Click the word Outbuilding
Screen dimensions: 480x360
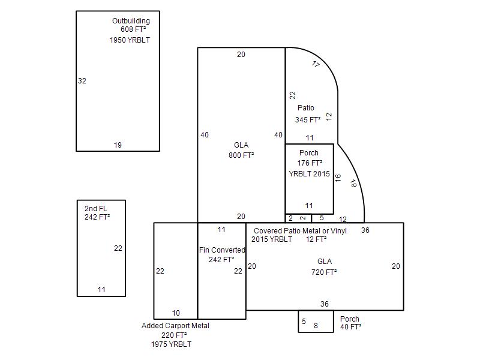click(x=131, y=21)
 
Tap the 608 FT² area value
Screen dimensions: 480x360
click(x=133, y=29)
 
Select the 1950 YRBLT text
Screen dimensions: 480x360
click(x=130, y=40)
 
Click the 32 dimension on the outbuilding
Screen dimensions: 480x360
click(x=82, y=81)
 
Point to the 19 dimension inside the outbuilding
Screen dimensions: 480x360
click(x=118, y=145)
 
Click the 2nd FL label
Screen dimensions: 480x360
click(x=96, y=208)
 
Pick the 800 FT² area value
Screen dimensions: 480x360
click(x=241, y=155)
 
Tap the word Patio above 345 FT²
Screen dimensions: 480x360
click(x=306, y=108)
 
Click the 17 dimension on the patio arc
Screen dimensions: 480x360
click(x=316, y=64)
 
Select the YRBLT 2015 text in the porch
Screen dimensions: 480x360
click(x=309, y=174)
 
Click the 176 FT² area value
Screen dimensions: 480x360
click(x=310, y=163)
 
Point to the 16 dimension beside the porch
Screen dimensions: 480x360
click(x=338, y=178)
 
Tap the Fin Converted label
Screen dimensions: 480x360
click(x=222, y=250)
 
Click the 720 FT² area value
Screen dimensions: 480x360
click(x=324, y=272)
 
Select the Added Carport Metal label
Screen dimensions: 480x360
click(x=175, y=326)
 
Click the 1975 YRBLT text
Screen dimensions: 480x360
click(x=171, y=344)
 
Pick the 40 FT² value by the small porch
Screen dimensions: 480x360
click(x=351, y=327)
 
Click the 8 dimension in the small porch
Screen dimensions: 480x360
click(x=316, y=326)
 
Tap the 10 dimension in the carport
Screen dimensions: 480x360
click(x=176, y=313)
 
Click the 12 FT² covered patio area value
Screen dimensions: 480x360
click(x=316, y=239)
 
